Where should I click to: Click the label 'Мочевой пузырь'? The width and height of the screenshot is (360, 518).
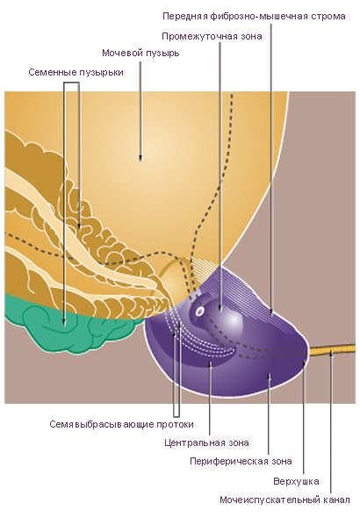pyautogui.click(x=140, y=53)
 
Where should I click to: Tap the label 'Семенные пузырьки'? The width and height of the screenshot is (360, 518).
pyautogui.click(x=76, y=72)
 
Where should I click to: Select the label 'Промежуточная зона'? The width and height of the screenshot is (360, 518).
pyautogui.click(x=212, y=36)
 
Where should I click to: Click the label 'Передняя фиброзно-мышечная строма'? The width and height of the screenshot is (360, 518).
pyautogui.click(x=254, y=16)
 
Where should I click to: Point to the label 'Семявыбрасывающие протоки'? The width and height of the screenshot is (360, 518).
pyautogui.click(x=121, y=424)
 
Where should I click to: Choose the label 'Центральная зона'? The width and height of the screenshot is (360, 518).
pyautogui.click(x=206, y=442)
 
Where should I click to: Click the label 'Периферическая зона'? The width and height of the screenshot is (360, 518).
pyautogui.click(x=241, y=461)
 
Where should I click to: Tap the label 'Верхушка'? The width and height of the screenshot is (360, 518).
pyautogui.click(x=296, y=481)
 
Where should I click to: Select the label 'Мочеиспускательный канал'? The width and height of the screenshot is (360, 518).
pyautogui.click(x=284, y=500)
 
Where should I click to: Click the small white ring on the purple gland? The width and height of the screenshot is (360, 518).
pyautogui.click(x=199, y=312)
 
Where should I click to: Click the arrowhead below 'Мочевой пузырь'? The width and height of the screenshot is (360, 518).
pyautogui.click(x=140, y=159)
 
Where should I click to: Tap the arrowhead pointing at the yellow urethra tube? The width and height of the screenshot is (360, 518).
pyautogui.click(x=331, y=354)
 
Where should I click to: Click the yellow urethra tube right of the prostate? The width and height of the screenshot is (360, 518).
pyautogui.click(x=332, y=349)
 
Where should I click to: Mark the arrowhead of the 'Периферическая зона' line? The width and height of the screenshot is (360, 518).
pyautogui.click(x=270, y=377)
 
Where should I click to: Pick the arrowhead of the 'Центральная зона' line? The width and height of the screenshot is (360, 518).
pyautogui.click(x=209, y=363)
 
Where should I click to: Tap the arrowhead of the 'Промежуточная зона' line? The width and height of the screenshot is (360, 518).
pyautogui.click(x=220, y=307)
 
